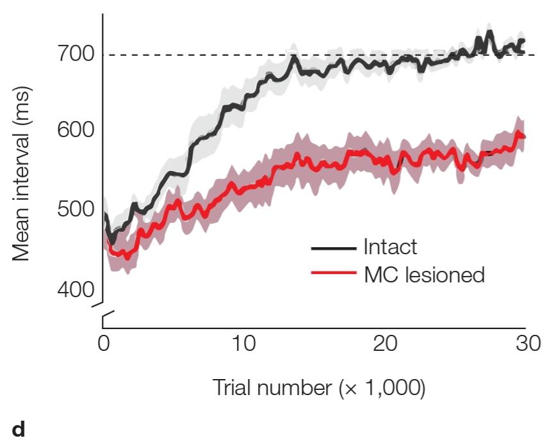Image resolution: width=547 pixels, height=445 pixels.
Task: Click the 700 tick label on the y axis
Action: pos(76,54)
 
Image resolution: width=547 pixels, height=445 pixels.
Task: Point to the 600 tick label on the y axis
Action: pos(76,130)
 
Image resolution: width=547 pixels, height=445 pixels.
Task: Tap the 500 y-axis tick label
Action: pos(76,209)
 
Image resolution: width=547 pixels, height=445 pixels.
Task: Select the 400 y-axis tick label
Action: pos(76,289)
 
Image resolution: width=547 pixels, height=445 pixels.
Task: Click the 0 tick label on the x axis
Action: pos(104,343)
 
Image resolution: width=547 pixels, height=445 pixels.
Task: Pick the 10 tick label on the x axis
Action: pos(243,343)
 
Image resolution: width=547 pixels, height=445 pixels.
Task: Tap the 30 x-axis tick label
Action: pos(528,343)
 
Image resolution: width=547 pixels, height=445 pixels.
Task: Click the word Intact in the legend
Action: pos(390,247)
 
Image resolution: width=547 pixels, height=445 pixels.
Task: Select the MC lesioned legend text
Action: pos(424,275)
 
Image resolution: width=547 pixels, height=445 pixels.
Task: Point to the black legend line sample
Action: pos(334,248)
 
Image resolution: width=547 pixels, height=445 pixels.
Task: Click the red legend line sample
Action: pos(334,273)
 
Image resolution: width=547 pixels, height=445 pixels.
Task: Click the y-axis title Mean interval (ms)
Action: pos(22,174)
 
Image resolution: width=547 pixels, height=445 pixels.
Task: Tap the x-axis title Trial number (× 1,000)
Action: pos(318,387)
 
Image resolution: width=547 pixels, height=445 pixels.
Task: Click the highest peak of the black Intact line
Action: pos(490,31)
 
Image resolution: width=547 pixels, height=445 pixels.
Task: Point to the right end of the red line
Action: pos(525,137)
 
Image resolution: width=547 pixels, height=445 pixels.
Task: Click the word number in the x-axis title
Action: pos(294,387)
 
